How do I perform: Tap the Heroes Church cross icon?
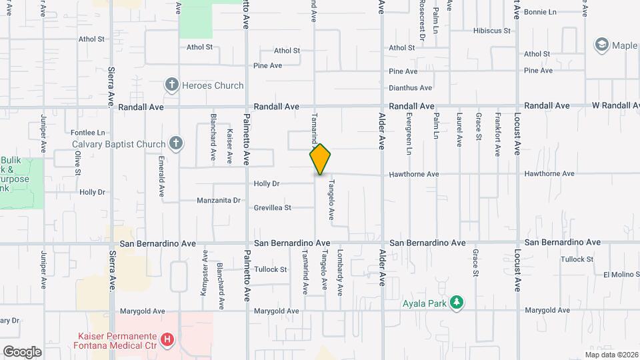click(172, 85)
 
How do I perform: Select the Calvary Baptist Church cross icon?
click(175, 143)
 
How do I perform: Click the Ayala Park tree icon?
click(456, 303)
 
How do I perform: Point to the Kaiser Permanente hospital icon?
click(167, 340)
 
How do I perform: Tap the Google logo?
click(22, 352)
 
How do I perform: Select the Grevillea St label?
click(273, 208)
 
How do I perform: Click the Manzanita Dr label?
click(219, 200)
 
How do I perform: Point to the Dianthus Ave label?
click(411, 88)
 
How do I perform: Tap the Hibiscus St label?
click(491, 31)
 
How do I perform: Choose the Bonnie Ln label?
click(540, 12)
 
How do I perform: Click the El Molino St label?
click(620, 274)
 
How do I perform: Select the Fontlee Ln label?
click(89, 133)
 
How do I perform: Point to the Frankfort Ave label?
click(498, 135)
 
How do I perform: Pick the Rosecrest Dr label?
click(422, 21)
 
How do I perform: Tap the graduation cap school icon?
click(603, 45)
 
